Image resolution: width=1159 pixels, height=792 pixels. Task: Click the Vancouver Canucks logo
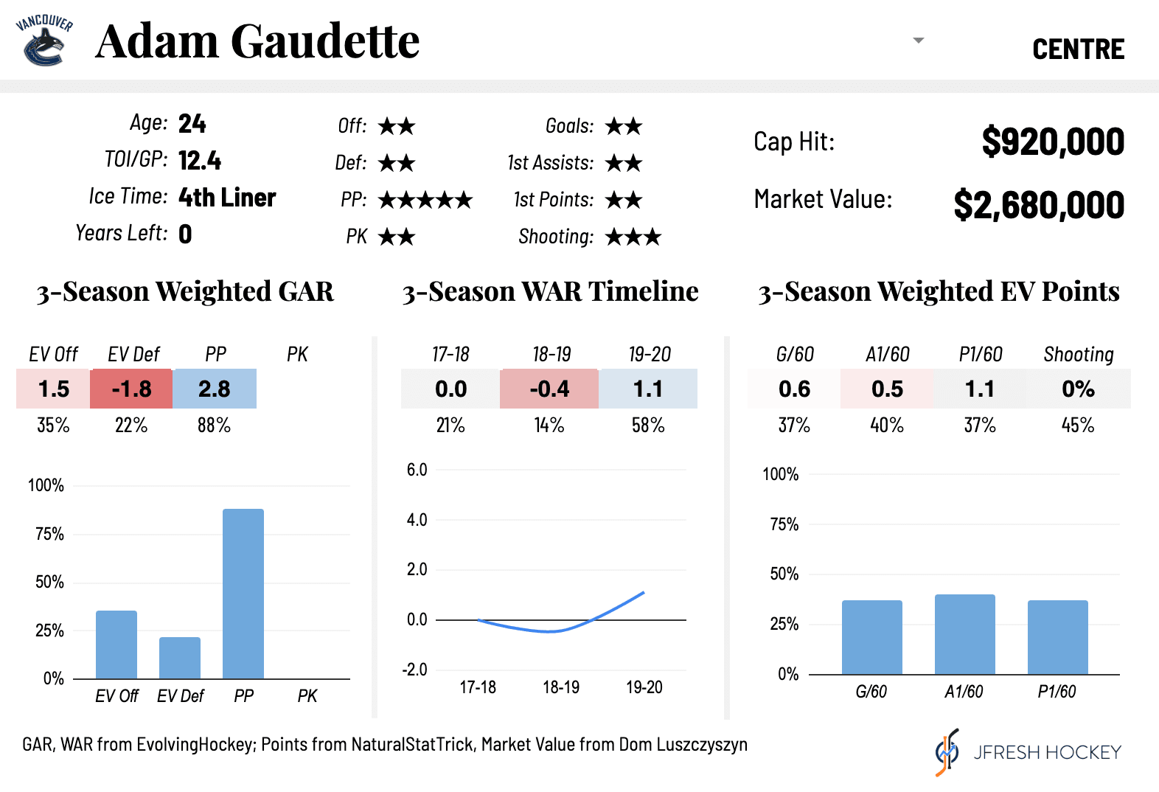click(44, 41)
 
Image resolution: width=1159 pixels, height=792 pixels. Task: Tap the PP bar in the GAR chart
click(243, 593)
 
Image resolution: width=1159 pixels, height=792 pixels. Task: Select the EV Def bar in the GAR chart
click(180, 657)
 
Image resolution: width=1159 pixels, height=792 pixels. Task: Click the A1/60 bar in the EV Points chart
click(964, 634)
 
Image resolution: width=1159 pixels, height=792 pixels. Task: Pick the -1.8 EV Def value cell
click(131, 389)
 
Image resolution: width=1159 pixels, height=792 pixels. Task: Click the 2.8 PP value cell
click(215, 389)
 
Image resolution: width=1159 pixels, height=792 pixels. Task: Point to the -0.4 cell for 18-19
click(549, 389)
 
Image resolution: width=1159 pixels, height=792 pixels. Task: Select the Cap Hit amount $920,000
click(1052, 142)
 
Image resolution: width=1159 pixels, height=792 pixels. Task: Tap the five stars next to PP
click(425, 200)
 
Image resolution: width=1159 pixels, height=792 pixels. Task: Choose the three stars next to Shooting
click(633, 237)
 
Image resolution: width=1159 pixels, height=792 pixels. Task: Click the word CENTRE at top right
click(1078, 49)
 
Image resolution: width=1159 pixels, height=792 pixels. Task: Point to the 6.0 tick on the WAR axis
click(417, 470)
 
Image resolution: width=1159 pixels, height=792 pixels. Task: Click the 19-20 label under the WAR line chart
click(644, 687)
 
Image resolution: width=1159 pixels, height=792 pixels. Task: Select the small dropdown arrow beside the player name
click(918, 41)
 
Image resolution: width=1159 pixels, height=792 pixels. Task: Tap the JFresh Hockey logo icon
click(947, 752)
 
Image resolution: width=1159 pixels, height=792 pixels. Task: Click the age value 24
click(192, 123)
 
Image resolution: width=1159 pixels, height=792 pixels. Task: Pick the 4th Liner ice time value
click(227, 198)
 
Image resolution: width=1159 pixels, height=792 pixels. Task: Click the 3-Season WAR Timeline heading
click(550, 291)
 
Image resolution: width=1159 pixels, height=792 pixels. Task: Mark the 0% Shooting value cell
click(1078, 389)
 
